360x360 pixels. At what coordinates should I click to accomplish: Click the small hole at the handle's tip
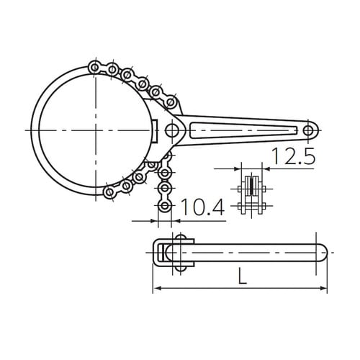coord(310,130)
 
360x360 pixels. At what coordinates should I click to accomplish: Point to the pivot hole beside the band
coord(171,130)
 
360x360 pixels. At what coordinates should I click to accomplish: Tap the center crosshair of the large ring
coord(96,130)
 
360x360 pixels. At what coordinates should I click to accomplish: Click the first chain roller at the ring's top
coord(94,67)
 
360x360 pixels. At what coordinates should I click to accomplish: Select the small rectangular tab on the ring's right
coord(156,131)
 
